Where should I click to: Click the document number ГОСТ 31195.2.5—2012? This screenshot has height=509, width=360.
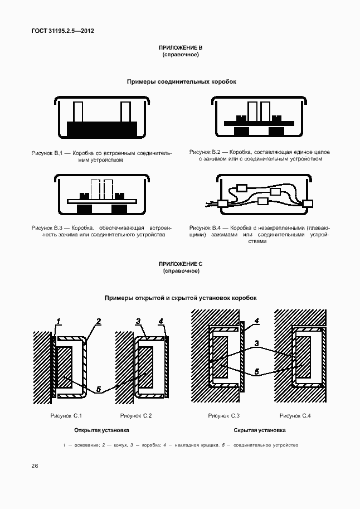tap(62, 31)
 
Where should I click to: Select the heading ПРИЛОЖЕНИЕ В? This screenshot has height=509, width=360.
tap(181, 49)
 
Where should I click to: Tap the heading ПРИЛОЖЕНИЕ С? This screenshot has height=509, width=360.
tap(181, 264)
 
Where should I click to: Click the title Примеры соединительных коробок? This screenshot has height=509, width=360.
tap(181, 81)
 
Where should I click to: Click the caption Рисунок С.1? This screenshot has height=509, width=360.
tap(66, 415)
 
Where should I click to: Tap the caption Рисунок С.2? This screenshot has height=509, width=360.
tap(136, 415)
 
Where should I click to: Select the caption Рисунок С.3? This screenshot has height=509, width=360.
tap(224, 415)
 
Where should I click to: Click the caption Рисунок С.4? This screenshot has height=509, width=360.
tap(295, 415)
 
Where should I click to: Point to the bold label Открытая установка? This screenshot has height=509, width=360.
tap(101, 430)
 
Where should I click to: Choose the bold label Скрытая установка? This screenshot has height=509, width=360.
tap(260, 430)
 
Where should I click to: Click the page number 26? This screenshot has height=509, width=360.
tap(35, 466)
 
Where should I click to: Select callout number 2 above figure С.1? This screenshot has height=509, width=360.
tap(98, 321)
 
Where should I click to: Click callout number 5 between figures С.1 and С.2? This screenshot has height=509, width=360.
tap(99, 390)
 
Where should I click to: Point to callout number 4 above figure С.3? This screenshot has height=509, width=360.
tap(256, 321)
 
